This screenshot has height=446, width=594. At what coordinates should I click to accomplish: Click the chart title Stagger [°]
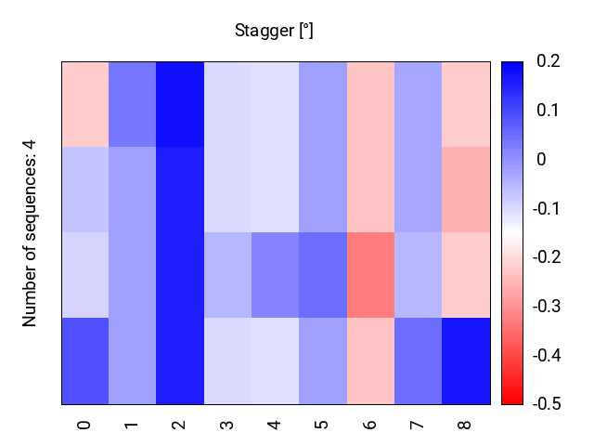[274, 31]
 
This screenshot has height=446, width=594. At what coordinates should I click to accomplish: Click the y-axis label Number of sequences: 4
[29, 233]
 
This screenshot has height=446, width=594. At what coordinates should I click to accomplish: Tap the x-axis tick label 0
[84, 425]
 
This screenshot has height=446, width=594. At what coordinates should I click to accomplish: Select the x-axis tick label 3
[226, 425]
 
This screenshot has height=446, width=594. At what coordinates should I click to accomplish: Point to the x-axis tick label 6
[369, 425]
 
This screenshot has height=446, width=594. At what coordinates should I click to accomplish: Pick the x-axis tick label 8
[464, 425]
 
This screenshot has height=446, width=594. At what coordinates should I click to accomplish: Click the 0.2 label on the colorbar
[549, 61]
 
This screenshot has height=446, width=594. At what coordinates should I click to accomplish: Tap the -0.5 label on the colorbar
[547, 404]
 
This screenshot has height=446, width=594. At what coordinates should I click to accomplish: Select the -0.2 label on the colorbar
[547, 257]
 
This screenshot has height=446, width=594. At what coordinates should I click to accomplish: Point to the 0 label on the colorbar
[541, 160]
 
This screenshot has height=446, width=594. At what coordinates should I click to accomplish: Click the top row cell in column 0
[85, 104]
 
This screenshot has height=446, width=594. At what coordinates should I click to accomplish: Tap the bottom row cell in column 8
[466, 361]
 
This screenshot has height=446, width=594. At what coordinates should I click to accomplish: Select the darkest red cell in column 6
[371, 275]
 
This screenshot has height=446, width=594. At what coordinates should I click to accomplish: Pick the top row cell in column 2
[180, 104]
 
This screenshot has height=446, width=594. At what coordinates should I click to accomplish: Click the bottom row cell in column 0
[85, 361]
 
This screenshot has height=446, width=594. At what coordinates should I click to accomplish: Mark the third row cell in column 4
[276, 275]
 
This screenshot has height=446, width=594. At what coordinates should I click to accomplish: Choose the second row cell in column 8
[466, 190]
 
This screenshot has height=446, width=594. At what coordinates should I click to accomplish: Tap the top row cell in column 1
[133, 104]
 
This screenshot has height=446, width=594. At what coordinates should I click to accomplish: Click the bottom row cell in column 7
[419, 361]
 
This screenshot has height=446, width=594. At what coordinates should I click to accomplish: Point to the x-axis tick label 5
[322, 425]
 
